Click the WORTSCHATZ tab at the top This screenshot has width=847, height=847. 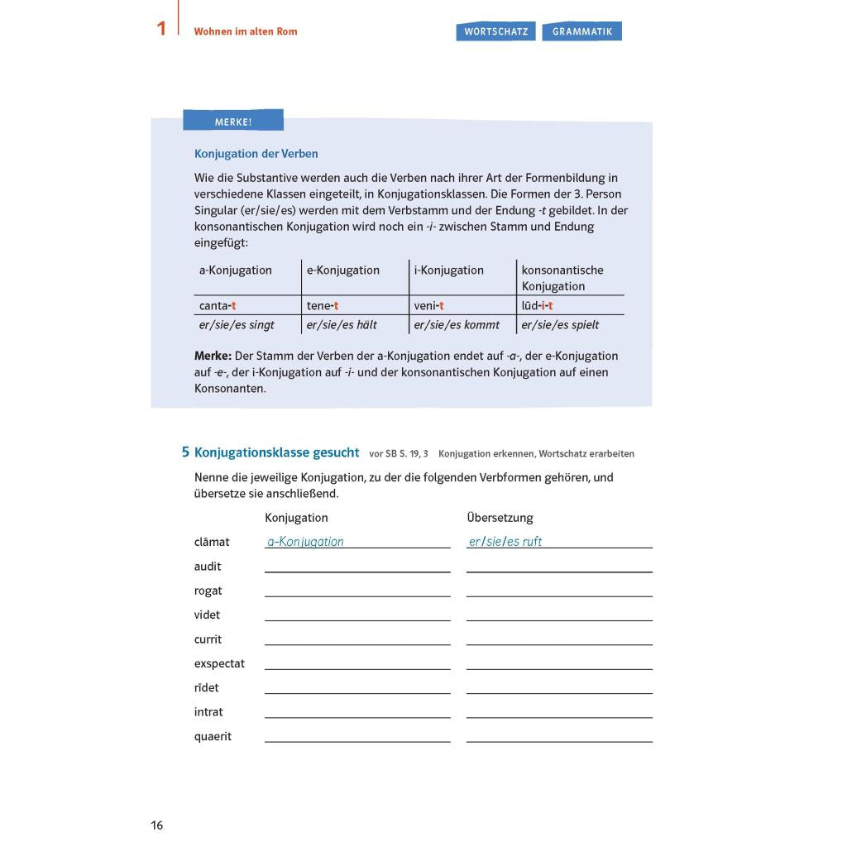click(495, 31)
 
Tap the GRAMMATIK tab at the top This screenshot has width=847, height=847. click(582, 31)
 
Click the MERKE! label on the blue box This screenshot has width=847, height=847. click(233, 122)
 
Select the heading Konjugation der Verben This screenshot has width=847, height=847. click(256, 154)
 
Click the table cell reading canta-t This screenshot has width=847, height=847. click(218, 306)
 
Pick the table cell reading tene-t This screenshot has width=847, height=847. click(323, 306)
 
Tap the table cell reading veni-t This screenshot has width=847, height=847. click(428, 306)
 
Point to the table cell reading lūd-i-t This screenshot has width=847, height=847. click(537, 306)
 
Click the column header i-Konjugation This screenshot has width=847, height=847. click(448, 270)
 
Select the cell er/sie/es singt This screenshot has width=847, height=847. click(237, 325)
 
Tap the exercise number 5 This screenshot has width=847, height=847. click(185, 452)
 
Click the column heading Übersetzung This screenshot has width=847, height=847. click(500, 518)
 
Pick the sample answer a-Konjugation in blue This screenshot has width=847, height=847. click(305, 542)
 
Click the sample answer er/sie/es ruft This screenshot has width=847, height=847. click(505, 542)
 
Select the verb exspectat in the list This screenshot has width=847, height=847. click(219, 663)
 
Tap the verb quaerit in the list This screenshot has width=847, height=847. click(213, 736)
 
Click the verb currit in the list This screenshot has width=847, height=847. click(208, 639)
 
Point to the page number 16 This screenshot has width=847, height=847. click(157, 825)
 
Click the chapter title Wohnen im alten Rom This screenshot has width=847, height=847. click(246, 31)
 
